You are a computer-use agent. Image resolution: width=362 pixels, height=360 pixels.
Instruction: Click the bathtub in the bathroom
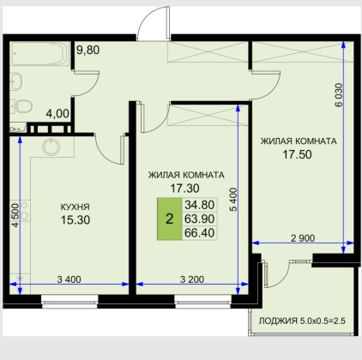(x=39, y=54)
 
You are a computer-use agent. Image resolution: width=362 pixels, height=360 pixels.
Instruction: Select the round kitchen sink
(x=51, y=147)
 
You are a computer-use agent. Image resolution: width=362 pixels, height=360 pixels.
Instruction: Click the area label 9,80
(x=88, y=50)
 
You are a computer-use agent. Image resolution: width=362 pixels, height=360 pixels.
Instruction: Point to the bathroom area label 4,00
(x=57, y=114)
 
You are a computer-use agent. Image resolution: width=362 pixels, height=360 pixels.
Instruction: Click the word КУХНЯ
(x=75, y=207)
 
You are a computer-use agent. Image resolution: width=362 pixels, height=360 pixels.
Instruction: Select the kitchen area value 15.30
(x=75, y=220)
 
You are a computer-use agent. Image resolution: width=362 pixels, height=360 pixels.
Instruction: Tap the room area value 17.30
(x=184, y=189)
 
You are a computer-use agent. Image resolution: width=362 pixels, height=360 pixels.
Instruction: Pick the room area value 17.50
(x=297, y=154)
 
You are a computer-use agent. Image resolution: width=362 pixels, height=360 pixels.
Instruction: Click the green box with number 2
(x=169, y=219)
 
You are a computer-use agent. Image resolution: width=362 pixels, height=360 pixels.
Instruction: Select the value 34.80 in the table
(x=200, y=205)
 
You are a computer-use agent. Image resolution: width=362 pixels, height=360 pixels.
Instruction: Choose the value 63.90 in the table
(x=200, y=219)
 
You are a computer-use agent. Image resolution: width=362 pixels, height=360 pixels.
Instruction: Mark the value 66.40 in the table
(x=200, y=233)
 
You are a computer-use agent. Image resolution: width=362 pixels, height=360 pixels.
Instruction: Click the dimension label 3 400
(x=69, y=279)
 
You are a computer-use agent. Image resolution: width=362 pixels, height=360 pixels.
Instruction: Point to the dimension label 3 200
(x=192, y=279)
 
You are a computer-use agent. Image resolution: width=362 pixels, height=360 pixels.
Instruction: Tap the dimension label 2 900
(x=303, y=238)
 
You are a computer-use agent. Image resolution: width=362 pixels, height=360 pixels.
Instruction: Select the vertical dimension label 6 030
(x=338, y=95)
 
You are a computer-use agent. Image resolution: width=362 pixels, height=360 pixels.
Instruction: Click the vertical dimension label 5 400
(x=233, y=200)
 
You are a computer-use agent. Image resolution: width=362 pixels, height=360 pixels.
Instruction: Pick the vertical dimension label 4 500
(x=15, y=215)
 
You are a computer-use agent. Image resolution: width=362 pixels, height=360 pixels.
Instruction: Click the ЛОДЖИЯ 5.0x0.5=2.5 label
(x=302, y=321)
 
